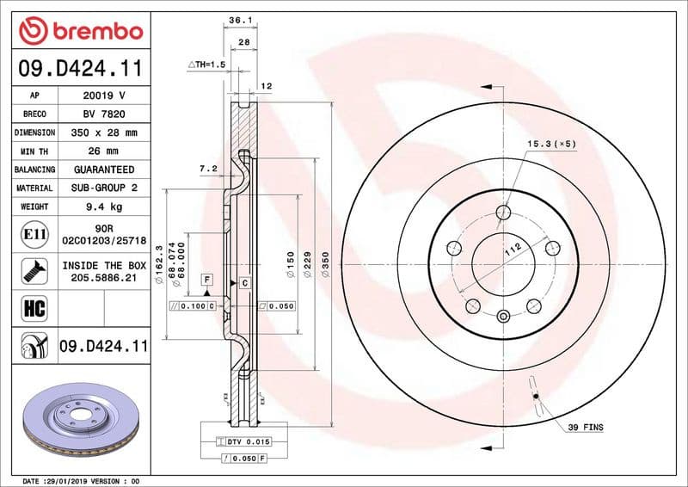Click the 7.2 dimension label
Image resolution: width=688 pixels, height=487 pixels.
(207, 170)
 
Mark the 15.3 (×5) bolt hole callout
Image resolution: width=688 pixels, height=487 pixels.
(550, 144)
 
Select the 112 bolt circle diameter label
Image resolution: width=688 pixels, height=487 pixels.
(513, 250)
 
